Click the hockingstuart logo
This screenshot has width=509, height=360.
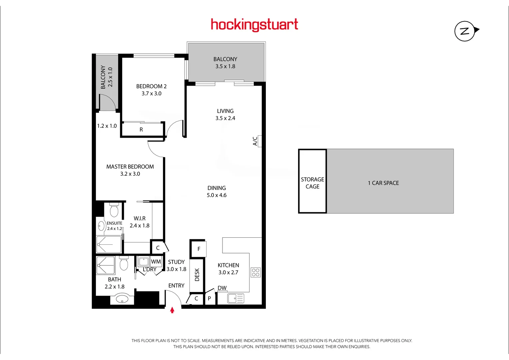point(254,25)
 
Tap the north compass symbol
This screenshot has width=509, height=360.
point(465,31)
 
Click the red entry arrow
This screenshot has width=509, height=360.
point(172,310)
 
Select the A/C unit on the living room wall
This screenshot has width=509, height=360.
point(259,141)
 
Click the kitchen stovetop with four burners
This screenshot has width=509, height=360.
point(255,272)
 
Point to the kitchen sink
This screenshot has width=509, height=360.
point(236,298)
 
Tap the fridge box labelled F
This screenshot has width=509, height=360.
point(199,249)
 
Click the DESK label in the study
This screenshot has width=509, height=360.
point(197,275)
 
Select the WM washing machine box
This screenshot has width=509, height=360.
point(156,262)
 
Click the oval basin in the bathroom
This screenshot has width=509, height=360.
point(122,299)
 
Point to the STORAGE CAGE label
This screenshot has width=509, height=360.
point(312,183)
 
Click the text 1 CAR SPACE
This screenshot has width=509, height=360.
point(383,183)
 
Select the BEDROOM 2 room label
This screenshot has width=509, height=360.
point(151,86)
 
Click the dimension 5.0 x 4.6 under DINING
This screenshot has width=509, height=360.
point(217,195)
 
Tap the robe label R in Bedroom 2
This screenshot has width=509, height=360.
point(141,130)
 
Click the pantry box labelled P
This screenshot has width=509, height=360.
point(209,299)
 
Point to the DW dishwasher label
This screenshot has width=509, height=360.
point(222,288)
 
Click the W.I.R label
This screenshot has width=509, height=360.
point(140,218)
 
